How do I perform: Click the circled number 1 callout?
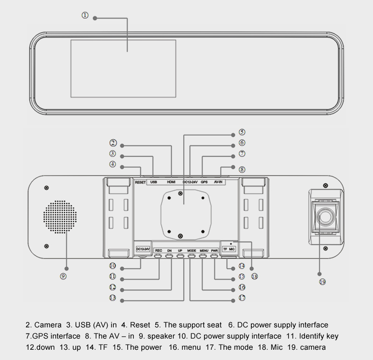[85, 15]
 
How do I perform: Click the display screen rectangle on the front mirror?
[123, 68]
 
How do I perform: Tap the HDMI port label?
[171, 182]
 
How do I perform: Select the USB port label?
[154, 182]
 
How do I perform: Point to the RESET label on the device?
[140, 183]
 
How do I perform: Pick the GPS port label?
[204, 182]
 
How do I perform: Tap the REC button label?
[159, 250]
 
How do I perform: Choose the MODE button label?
[192, 250]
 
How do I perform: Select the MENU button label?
[203, 250]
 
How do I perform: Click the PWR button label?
[214, 250]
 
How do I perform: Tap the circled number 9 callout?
[63, 276]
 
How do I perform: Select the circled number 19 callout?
[322, 281]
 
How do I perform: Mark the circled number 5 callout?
[242, 132]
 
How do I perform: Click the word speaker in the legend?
[161, 336]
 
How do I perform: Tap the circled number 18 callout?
[254, 276]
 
